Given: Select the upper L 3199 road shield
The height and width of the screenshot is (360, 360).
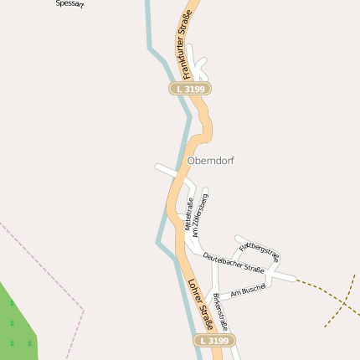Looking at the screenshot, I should point(190,88).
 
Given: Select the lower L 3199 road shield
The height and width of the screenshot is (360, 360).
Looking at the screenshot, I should point(215,341).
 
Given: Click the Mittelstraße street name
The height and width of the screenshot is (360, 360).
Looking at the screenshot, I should point(189,213).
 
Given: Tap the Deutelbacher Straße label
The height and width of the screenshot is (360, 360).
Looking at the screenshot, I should point(234,263).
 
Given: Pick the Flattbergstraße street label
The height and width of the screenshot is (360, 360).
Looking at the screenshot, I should point(259,249).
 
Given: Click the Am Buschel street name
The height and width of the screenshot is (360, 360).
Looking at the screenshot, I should point(247,290).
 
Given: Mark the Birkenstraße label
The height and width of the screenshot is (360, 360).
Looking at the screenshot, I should point(220,311).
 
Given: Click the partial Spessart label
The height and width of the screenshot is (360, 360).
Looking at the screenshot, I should point(69,3).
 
